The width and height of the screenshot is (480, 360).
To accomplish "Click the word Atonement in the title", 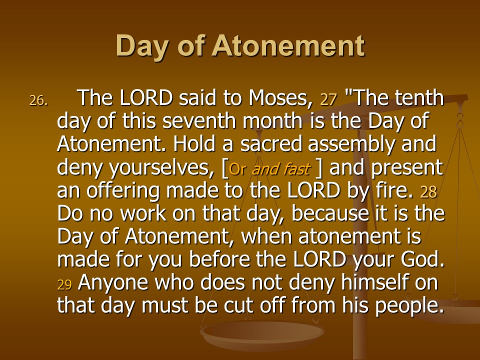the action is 288,45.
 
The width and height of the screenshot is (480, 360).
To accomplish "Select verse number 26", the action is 38,100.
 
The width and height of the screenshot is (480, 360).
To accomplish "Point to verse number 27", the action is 328,99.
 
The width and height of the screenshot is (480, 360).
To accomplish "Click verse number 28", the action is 428,192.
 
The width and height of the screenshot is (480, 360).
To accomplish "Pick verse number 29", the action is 64,284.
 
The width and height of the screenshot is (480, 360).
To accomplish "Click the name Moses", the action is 280,98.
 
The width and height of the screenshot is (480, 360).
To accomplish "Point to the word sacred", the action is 271,144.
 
